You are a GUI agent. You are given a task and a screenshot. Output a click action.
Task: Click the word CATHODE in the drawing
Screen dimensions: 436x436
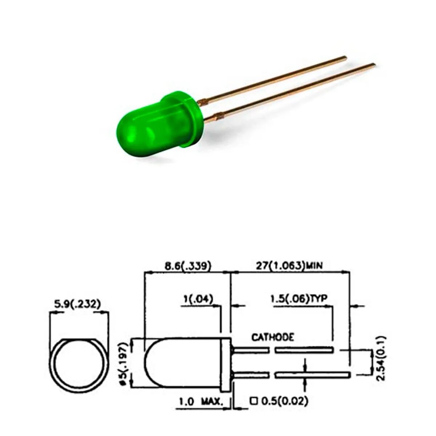click(273, 338)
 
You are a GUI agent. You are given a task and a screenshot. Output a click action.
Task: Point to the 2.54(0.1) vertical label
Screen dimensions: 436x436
click(381, 358)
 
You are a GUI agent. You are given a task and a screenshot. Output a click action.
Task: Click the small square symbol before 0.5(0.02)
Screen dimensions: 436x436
click(254, 401)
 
